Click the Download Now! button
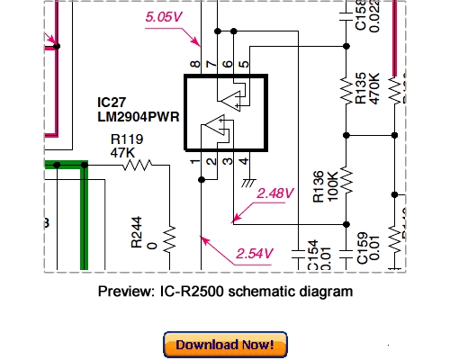[226, 344]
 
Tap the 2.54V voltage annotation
[255, 253]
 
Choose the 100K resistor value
[331, 184]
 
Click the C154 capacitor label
[312, 255]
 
